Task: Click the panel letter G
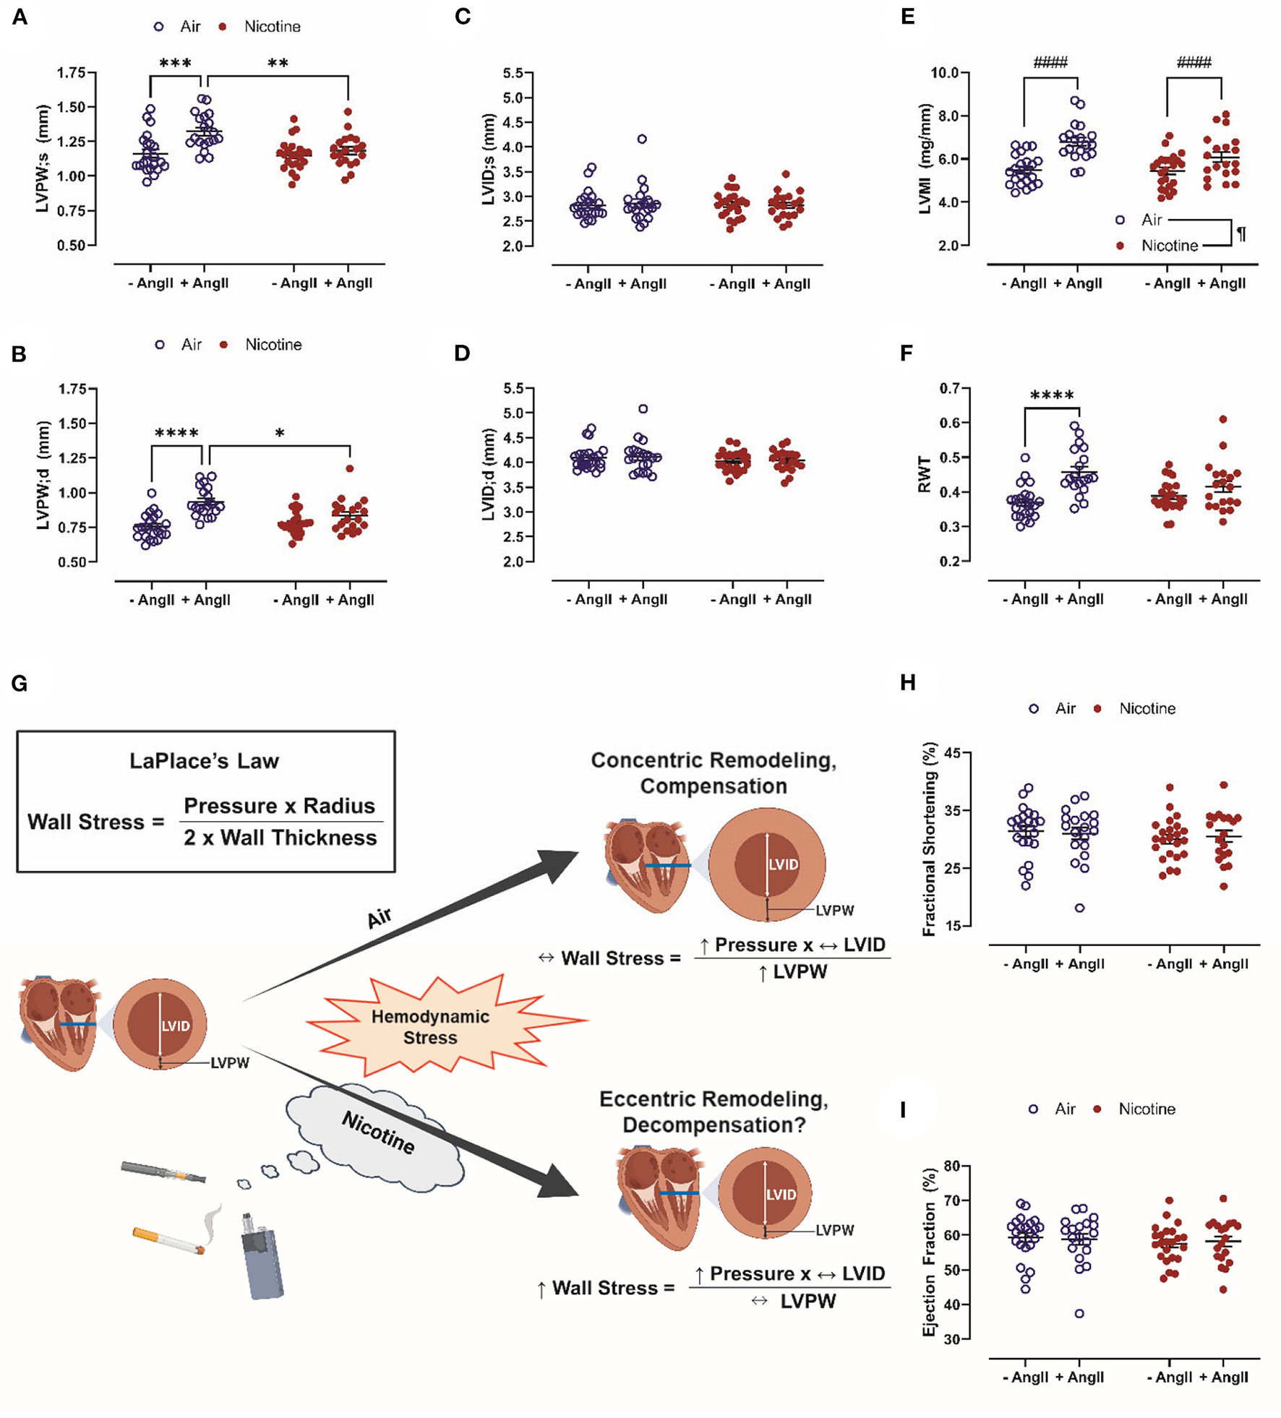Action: pyautogui.click(x=19, y=683)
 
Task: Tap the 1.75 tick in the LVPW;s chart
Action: pyautogui.click(x=71, y=72)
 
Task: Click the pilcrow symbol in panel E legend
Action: pyautogui.click(x=1241, y=234)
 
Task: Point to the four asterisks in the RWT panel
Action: pyautogui.click(x=1052, y=395)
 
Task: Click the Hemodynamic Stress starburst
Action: pyautogui.click(x=431, y=1026)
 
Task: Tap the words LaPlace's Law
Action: pyautogui.click(x=204, y=761)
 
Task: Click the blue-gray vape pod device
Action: pyautogui.click(x=261, y=1258)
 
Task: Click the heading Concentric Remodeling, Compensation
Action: pyautogui.click(x=714, y=773)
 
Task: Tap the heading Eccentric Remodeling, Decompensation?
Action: pyautogui.click(x=714, y=1112)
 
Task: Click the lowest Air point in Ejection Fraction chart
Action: pyautogui.click(x=1079, y=1314)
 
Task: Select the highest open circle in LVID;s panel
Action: pyautogui.click(x=642, y=139)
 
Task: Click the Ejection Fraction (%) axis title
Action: pyautogui.click(x=929, y=1252)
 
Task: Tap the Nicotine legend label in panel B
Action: pyautogui.click(x=273, y=345)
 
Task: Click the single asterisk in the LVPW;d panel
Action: pyautogui.click(x=280, y=433)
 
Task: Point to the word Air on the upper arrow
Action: pyautogui.click(x=380, y=918)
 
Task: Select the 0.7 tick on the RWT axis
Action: pyautogui.click(x=949, y=389)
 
